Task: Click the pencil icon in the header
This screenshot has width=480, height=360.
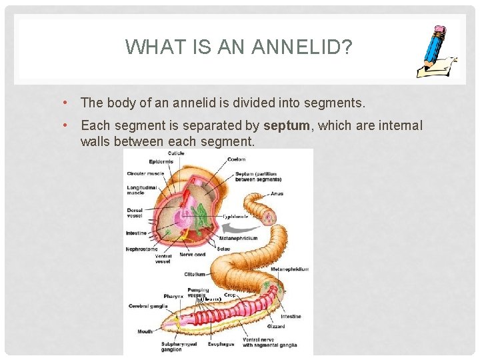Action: coord(437,53)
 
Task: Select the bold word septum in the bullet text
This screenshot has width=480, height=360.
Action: coord(287,126)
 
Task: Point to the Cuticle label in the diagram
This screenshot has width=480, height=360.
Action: coord(176,153)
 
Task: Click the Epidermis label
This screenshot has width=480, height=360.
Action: coord(161,162)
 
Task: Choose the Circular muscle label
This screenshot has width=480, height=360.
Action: coord(146,174)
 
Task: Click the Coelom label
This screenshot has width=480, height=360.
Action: coord(236,159)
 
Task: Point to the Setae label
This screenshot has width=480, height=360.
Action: coord(223,249)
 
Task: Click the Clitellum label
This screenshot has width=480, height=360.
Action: coord(195,274)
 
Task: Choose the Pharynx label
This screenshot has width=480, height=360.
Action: coord(173,296)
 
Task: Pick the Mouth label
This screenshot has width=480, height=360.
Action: coord(145,331)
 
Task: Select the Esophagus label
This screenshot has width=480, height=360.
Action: coord(220,345)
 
